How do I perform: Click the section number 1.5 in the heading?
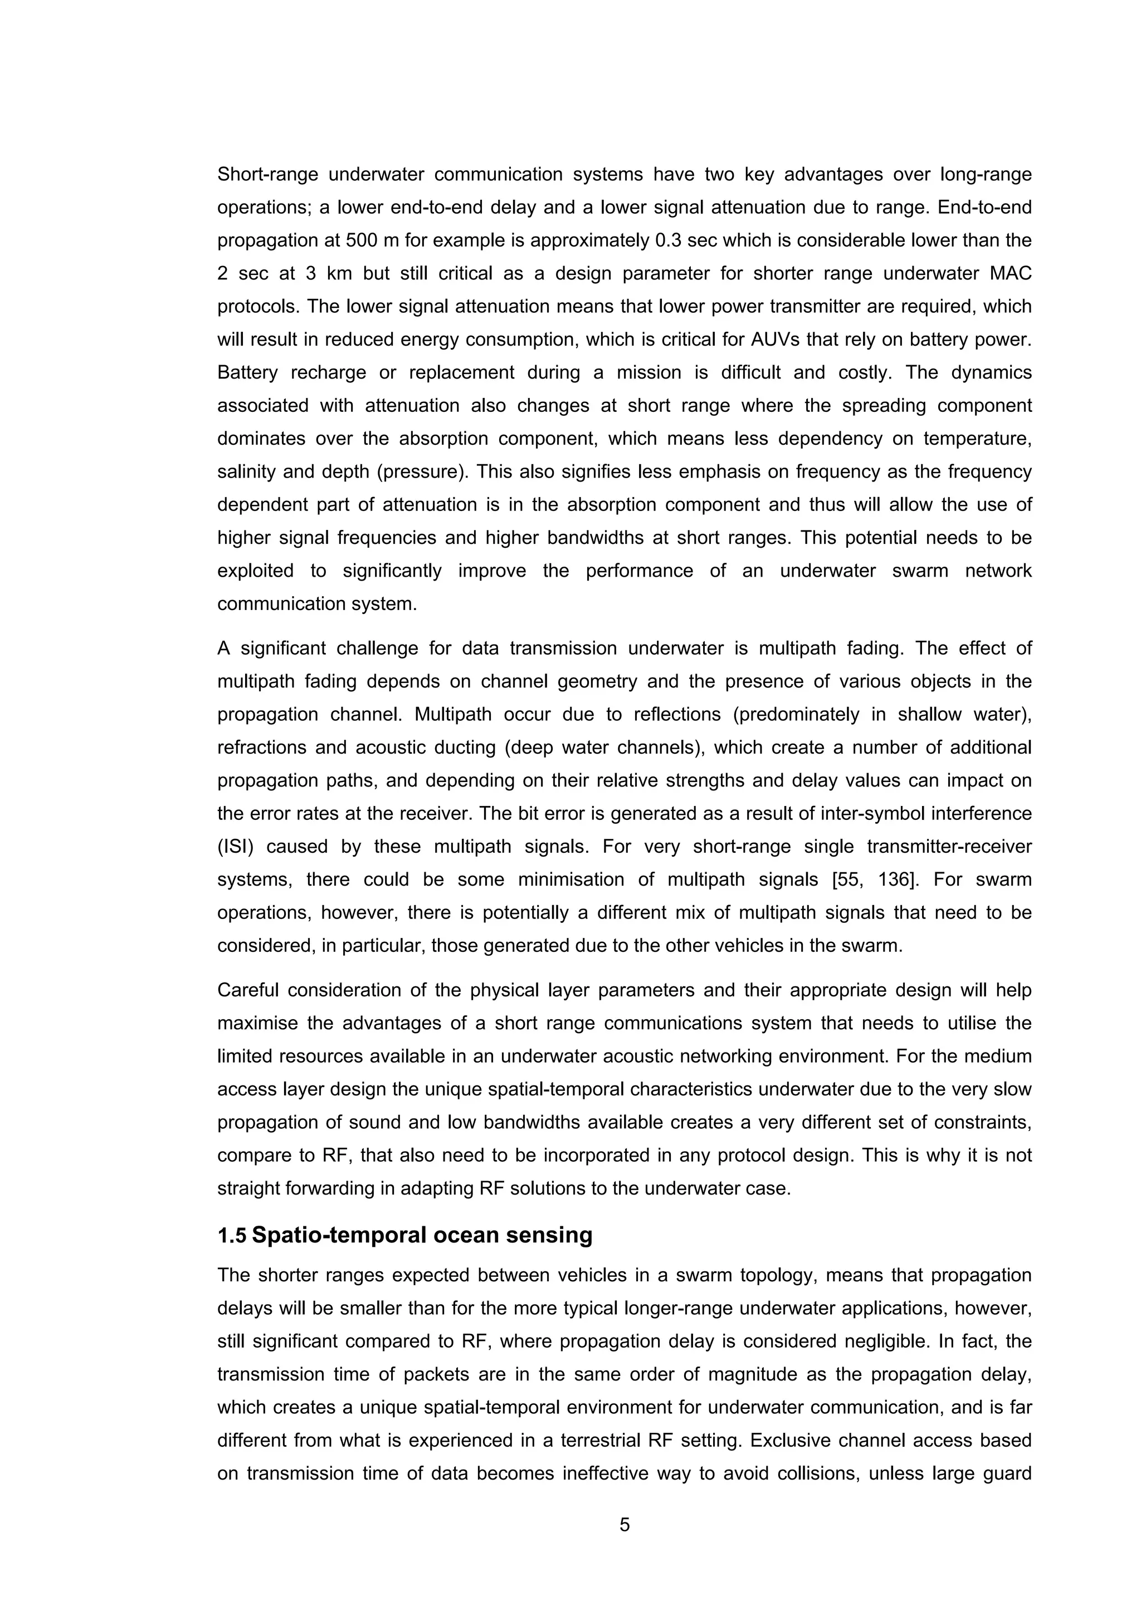point(231,1235)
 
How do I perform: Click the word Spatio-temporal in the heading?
point(337,1235)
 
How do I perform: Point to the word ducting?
point(464,748)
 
